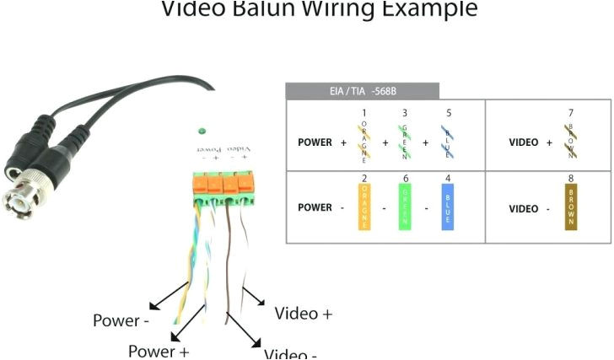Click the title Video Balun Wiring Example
click(319, 9)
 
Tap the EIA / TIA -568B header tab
click(362, 91)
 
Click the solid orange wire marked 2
click(364, 207)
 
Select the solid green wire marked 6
click(405, 207)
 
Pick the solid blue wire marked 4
click(447, 207)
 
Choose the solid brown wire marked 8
click(571, 207)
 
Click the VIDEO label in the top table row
click(524, 142)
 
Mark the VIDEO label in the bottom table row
click(524, 208)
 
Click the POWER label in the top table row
click(315, 142)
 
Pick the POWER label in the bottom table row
click(315, 208)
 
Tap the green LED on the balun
click(202, 131)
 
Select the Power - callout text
click(121, 321)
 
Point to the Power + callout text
click(159, 350)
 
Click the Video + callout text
click(304, 314)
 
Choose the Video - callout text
click(290, 353)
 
